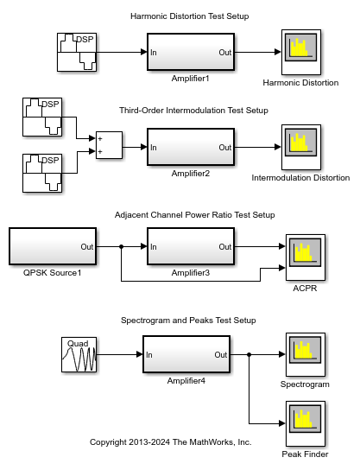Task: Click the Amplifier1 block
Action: (191, 52)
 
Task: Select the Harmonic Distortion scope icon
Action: (301, 52)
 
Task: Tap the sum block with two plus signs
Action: (109, 145)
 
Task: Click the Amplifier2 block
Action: (191, 147)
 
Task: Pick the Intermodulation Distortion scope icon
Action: (301, 147)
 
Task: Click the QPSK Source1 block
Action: (53, 246)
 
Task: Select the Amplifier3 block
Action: (191, 246)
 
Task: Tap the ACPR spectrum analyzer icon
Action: (306, 257)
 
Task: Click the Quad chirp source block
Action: (79, 354)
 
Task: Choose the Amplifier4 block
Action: (186, 354)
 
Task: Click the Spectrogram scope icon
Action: (306, 354)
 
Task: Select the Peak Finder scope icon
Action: (306, 423)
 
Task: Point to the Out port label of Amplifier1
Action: (225, 53)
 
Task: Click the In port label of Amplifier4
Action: (149, 355)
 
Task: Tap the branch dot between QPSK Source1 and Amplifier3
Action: (122, 247)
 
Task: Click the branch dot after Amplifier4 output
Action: (249, 354)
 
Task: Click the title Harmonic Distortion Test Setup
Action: (190, 16)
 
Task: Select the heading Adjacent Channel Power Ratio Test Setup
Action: (194, 215)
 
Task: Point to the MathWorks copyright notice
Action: (170, 442)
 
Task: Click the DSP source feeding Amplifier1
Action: (77, 52)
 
